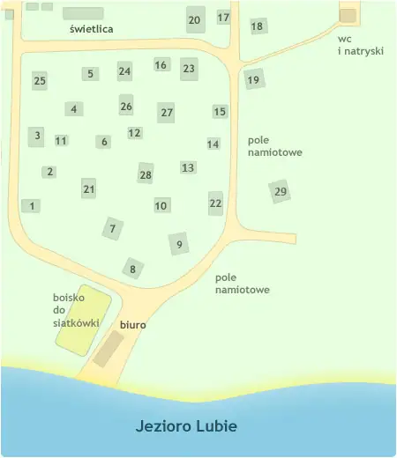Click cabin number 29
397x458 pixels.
point(281,191)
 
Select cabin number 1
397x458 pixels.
point(32,205)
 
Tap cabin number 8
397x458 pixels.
point(132,269)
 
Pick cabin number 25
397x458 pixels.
point(40,81)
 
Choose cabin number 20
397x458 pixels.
point(195,19)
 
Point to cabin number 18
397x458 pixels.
point(258,26)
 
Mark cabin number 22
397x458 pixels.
point(216,203)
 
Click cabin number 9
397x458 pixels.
point(180,244)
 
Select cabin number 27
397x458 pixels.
point(167,113)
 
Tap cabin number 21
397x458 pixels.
point(88,188)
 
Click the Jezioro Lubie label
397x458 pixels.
point(186,426)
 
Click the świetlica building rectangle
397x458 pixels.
point(83,13)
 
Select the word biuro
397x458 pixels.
point(132,325)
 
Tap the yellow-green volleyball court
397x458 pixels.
point(84,319)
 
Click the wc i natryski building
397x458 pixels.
point(348,16)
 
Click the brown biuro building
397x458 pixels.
point(109,349)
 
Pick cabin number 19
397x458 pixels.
point(253,80)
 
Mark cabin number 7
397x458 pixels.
point(112,229)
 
